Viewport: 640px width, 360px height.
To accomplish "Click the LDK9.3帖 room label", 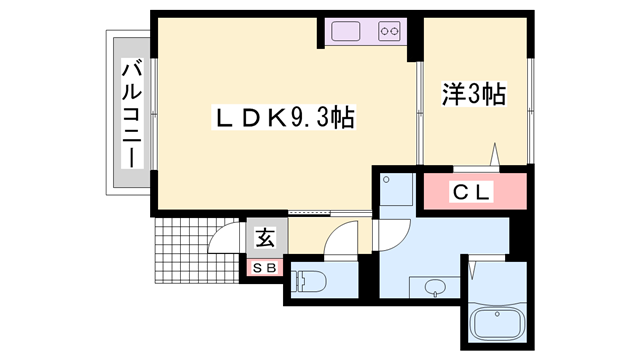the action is point(284,118).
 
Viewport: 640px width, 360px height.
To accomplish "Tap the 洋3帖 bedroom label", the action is point(474,94).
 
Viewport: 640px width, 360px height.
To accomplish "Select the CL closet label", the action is point(471,192).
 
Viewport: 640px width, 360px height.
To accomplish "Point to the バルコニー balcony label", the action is point(132,114).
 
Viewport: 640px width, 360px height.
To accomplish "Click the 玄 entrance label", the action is point(265,238).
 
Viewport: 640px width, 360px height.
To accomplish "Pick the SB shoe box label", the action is point(265,268).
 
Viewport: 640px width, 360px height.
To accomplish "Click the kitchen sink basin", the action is point(346,31).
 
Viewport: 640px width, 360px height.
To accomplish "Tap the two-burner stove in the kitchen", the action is point(389,31).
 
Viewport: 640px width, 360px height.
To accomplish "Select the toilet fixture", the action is point(309,281).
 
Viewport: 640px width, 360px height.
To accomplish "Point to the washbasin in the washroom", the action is point(435,288).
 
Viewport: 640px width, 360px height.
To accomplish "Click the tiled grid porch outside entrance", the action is point(196,251).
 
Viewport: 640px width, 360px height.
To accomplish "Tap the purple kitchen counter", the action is point(366,31).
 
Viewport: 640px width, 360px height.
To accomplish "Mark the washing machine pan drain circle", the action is point(387,180).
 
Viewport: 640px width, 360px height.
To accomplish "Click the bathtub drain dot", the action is point(497,314).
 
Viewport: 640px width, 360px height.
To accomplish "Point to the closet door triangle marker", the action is point(495,154).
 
